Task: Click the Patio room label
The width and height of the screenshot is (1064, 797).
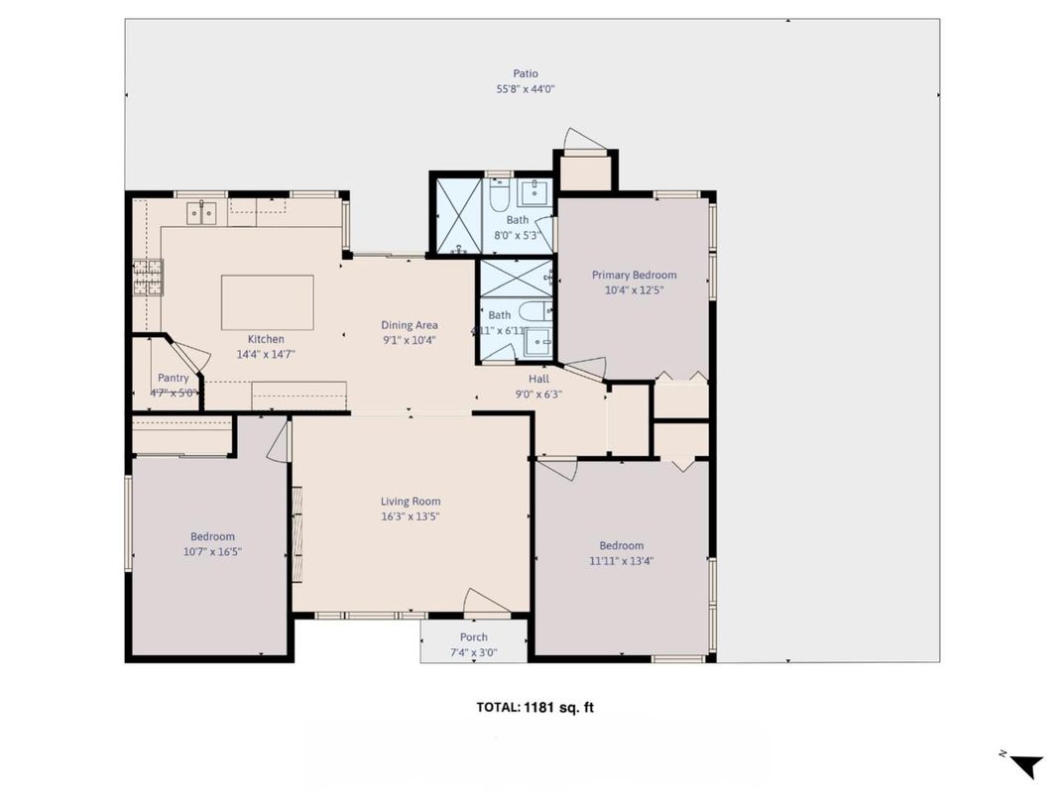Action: coord(526,73)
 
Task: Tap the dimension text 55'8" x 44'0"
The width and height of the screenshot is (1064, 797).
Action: coord(526,89)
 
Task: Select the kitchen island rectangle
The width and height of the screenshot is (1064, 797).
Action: coord(267,302)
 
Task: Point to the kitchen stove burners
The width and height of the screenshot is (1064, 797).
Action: coord(148,278)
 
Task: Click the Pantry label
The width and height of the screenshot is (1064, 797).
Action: coord(173,378)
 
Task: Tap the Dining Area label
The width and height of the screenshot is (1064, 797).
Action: coord(410,325)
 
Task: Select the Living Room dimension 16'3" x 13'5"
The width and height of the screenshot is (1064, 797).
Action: coord(411,515)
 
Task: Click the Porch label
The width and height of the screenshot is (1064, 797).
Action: coord(474,637)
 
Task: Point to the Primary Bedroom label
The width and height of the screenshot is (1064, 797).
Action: coord(634,276)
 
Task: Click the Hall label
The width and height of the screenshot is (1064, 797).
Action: coord(538,379)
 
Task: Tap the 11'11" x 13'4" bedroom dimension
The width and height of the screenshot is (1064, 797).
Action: coord(621,560)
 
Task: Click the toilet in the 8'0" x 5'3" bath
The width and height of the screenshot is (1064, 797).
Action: coord(499,198)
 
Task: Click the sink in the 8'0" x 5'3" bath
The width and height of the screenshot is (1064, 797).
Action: coord(533,190)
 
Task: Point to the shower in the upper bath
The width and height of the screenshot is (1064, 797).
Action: coord(457,215)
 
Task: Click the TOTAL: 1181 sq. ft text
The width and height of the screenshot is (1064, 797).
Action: coord(534,708)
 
